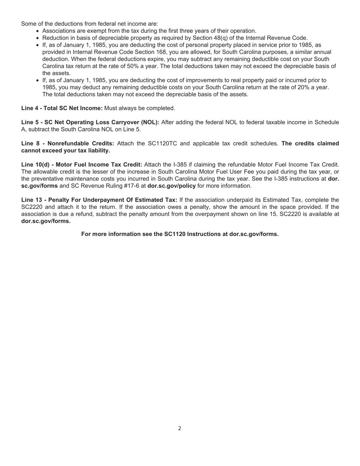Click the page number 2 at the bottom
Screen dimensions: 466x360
click(x=180, y=428)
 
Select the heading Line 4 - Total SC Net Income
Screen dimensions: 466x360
click(x=62, y=108)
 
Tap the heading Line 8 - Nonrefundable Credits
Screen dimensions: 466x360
click(x=67, y=144)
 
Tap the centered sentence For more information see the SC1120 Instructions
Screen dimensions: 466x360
click(x=180, y=234)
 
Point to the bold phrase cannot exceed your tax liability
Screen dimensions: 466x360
click(x=66, y=151)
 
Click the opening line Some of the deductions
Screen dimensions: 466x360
click(x=89, y=24)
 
